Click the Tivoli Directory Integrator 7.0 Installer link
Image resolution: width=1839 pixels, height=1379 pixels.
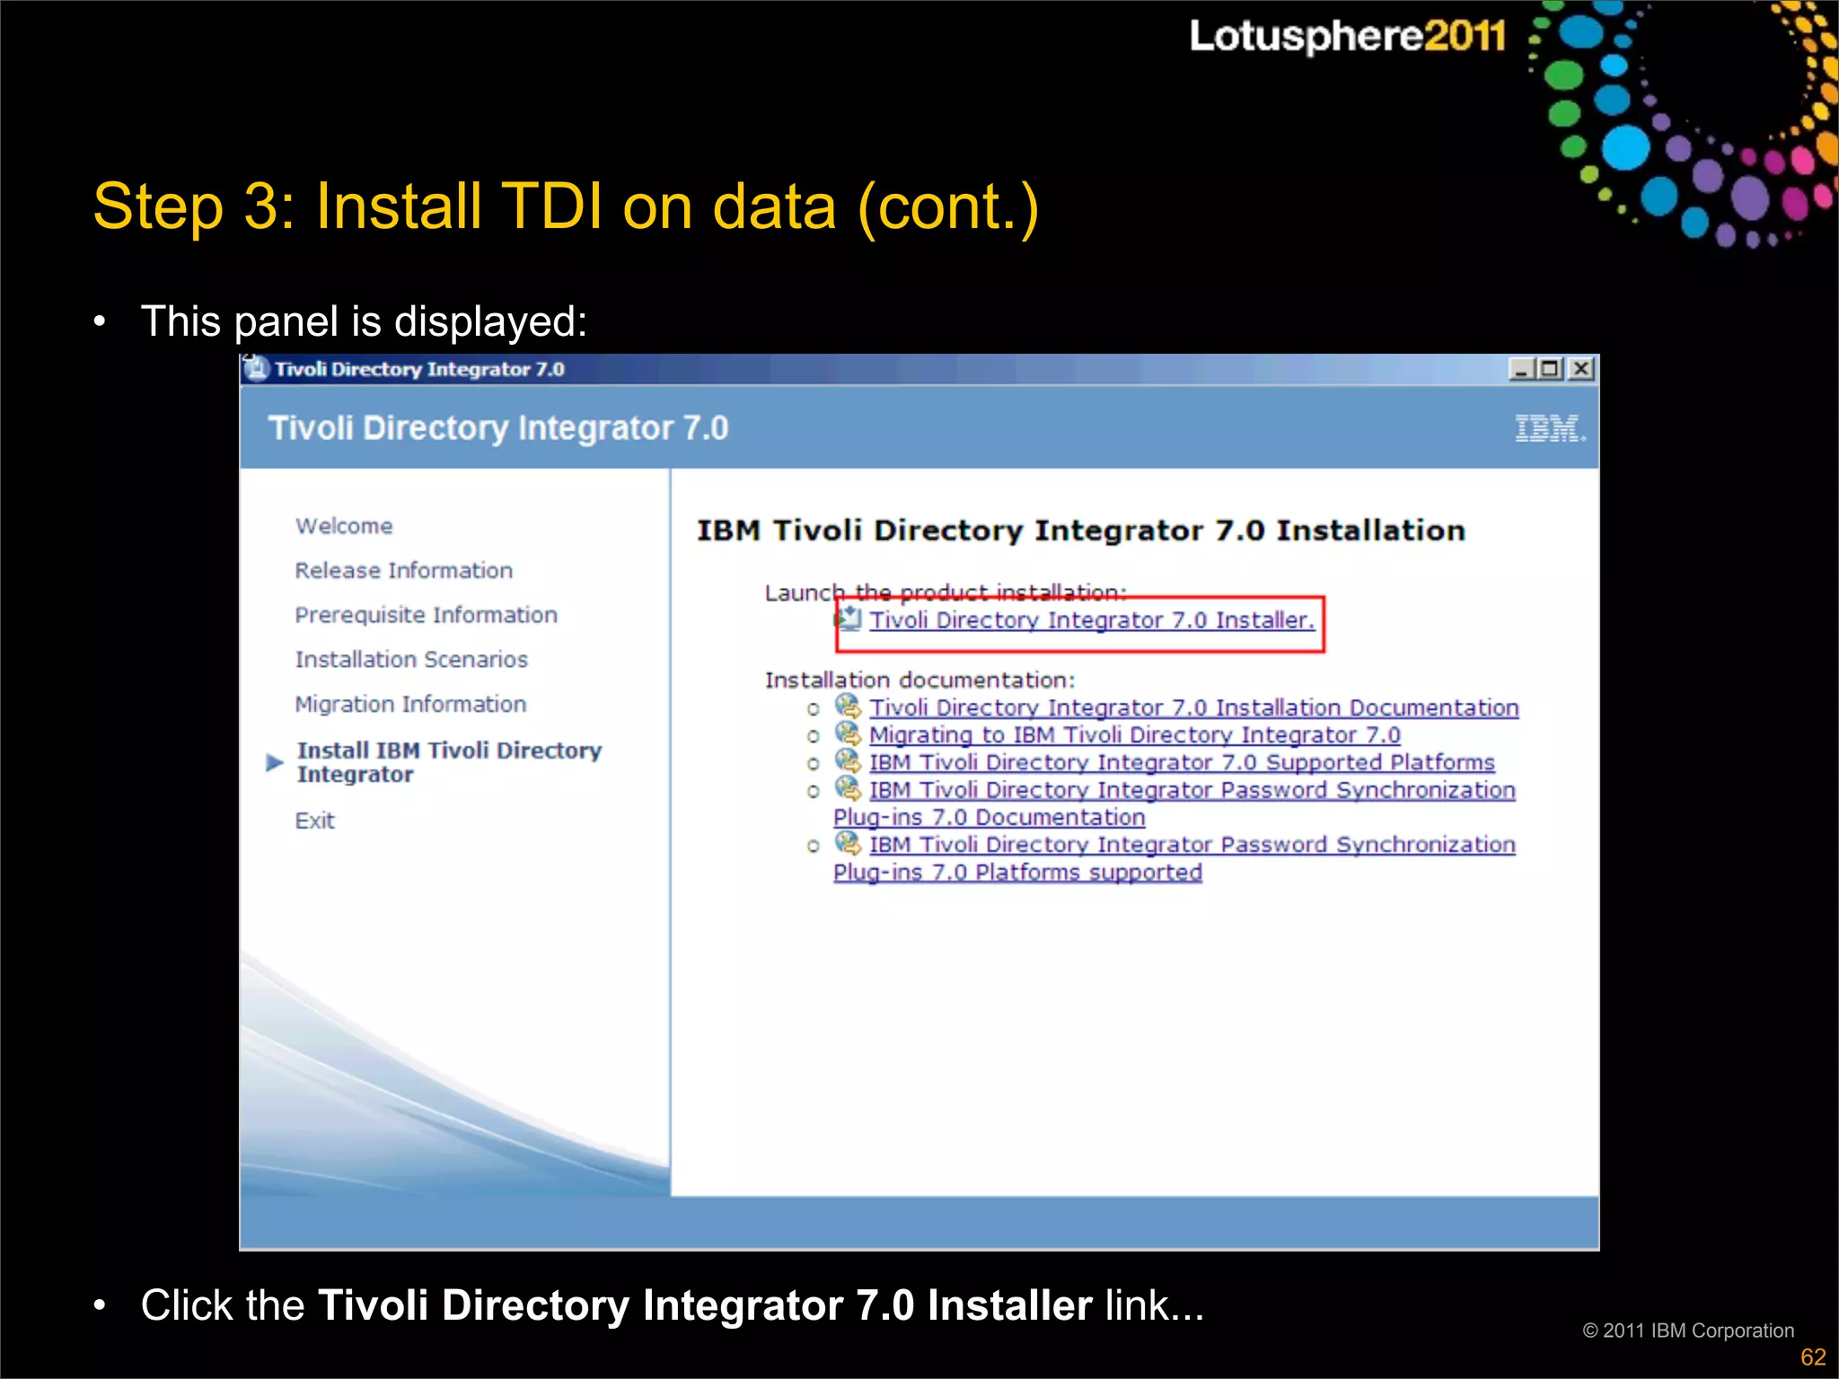[1091, 620]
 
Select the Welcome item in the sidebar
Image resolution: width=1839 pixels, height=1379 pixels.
[344, 526]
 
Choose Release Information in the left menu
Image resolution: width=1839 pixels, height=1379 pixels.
[403, 571]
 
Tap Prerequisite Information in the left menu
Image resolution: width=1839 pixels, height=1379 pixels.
[426, 615]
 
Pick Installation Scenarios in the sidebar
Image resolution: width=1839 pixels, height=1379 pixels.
[411, 660]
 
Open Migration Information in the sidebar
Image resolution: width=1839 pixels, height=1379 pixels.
[410, 705]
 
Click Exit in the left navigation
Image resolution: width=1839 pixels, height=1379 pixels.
[314, 821]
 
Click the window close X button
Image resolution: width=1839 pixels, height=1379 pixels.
[1581, 369]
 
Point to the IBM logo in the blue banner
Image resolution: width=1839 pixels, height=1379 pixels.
[1550, 428]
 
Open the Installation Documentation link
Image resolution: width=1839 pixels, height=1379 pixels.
[1193, 708]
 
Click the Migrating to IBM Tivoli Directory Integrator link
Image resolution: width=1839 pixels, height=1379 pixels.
[1134, 735]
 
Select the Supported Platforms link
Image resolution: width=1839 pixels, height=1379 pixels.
[1182, 763]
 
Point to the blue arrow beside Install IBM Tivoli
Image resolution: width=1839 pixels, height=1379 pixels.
[275, 763]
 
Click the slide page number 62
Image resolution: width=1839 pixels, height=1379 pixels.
[1813, 1357]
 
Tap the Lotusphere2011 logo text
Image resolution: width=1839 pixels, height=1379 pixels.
[1347, 36]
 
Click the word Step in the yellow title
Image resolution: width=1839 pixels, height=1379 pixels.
[158, 206]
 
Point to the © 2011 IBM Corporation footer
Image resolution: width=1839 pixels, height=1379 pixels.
[1688, 1331]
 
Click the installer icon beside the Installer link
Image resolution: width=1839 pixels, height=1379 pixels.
[849, 619]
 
